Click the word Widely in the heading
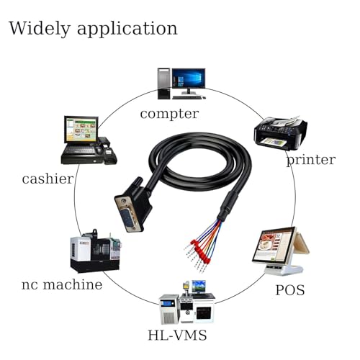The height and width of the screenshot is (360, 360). [x=40, y=29]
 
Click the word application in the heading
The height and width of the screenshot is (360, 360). [x=127, y=30]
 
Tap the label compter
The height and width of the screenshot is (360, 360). [x=169, y=114]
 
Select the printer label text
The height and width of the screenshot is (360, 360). [x=311, y=160]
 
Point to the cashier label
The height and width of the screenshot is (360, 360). [x=48, y=179]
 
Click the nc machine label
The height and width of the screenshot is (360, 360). [x=62, y=284]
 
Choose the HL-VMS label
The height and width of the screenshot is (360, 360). [x=177, y=336]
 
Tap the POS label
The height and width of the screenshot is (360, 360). [x=290, y=290]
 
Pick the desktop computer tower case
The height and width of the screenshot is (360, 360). [x=163, y=84]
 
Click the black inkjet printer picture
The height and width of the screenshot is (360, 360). [x=281, y=133]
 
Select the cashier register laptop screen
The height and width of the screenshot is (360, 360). [x=81, y=130]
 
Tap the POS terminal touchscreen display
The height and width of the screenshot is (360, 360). [x=274, y=245]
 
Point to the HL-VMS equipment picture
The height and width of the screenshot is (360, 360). [x=186, y=302]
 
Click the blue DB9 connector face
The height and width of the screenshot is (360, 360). [x=128, y=218]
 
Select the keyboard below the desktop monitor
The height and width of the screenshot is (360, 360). [x=187, y=97]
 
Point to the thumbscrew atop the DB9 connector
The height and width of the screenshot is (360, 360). [x=137, y=182]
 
